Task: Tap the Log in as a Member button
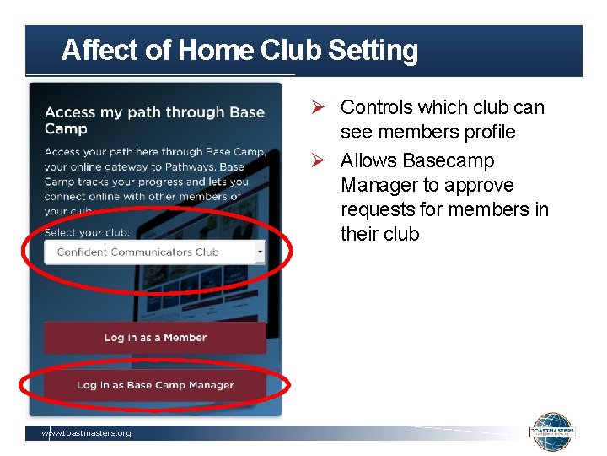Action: pyautogui.click(x=155, y=338)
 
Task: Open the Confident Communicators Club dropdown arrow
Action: pyautogui.click(x=259, y=252)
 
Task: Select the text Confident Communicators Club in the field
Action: pyautogui.click(x=137, y=252)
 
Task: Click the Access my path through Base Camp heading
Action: pyautogui.click(x=154, y=120)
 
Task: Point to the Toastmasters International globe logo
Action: pyautogui.click(x=552, y=432)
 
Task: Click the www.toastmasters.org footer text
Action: pyautogui.click(x=87, y=433)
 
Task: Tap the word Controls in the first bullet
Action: pyautogui.click(x=375, y=108)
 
